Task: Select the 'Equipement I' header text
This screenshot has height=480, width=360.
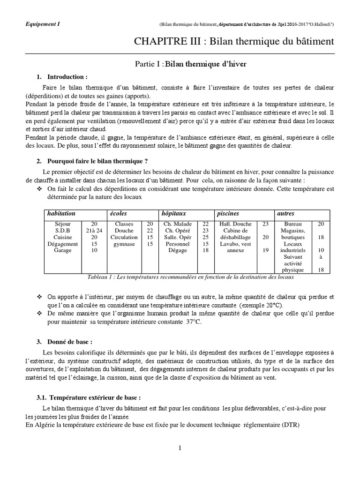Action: point(40,23)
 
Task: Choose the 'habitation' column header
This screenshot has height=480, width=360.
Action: point(61,214)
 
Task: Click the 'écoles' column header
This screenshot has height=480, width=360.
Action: point(119,214)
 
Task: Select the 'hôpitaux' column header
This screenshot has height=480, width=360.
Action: point(173,214)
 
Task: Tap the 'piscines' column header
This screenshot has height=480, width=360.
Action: point(228,214)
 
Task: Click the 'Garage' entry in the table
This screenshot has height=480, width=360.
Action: point(63,250)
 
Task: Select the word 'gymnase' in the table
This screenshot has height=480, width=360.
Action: point(124,244)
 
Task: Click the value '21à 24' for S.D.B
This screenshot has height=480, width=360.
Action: point(94,231)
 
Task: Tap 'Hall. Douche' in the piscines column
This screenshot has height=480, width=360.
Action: point(235,224)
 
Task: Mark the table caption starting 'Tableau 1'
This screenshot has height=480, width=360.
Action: point(190,277)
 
